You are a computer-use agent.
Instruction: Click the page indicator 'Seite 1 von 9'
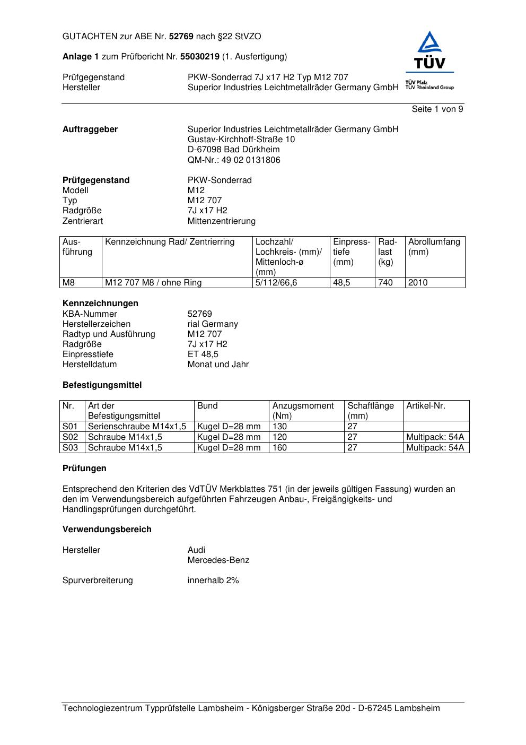437,109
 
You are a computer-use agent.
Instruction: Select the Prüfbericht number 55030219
200,57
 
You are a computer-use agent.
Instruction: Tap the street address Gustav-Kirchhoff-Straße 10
241,140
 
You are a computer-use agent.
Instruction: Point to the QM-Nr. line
234,160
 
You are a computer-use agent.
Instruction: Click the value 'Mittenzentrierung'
221,221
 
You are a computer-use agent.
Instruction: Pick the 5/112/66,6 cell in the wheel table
276,283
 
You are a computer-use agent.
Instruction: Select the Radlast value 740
385,283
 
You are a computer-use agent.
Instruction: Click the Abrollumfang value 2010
418,283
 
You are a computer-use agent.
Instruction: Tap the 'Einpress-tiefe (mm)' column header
352,252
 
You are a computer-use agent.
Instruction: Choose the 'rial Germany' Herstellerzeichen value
213,324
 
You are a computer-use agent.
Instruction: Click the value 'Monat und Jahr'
218,365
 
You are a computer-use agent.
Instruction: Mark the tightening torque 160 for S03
279,448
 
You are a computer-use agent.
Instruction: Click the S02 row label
70,437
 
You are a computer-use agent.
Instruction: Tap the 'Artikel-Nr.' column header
426,406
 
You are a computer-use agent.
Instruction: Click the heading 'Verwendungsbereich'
107,530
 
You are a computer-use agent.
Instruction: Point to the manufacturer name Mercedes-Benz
218,560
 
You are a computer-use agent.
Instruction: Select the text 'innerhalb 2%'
213,581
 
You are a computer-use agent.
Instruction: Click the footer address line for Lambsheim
251,708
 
